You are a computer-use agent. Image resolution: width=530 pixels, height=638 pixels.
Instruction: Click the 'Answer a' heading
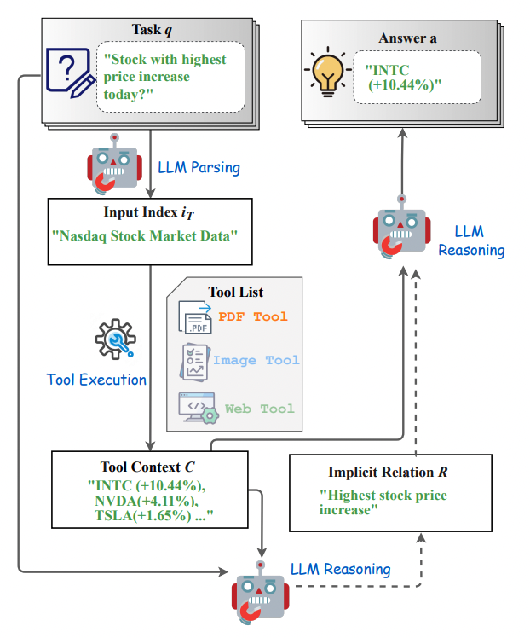(408, 39)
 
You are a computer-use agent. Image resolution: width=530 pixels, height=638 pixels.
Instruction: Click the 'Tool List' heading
(234, 293)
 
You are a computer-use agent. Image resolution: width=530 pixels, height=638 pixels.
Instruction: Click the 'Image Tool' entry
(256, 360)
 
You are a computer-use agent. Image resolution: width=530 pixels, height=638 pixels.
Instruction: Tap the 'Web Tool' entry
(259, 409)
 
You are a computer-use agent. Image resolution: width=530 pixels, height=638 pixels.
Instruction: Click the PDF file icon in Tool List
(195, 317)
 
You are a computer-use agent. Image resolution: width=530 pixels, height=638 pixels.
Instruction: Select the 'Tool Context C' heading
(151, 467)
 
